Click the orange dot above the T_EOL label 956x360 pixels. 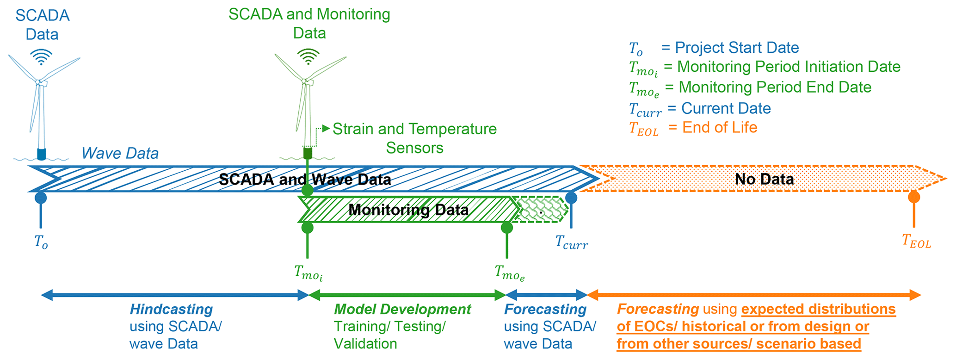click(913, 197)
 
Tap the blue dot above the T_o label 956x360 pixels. click(41, 198)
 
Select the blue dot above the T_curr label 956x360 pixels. click(571, 198)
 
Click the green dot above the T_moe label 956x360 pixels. click(507, 228)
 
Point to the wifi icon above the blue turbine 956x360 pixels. click(41, 57)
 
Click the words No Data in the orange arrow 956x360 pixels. click(764, 179)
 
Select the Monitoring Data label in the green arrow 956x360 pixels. click(408, 210)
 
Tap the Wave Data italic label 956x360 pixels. click(120, 153)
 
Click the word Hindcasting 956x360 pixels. click(171, 309)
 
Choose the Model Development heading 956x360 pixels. click(402, 309)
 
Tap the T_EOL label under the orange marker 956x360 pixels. click(916, 241)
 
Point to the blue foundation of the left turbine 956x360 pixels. click(42, 154)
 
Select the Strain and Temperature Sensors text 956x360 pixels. click(414, 138)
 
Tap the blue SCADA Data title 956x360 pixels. click(43, 25)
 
